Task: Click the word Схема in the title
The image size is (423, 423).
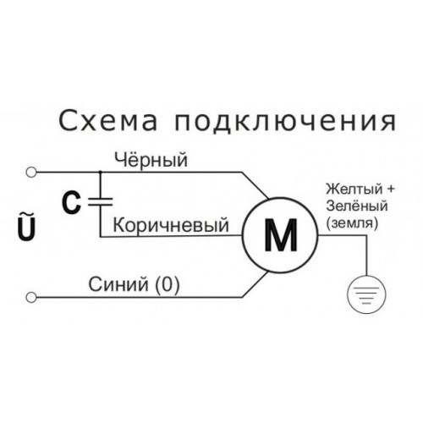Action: click(x=108, y=122)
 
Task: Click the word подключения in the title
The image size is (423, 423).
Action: click(x=285, y=123)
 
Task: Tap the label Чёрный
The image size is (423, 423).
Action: click(x=151, y=160)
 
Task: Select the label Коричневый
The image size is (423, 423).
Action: click(x=171, y=225)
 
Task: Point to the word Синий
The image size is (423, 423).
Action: click(x=118, y=284)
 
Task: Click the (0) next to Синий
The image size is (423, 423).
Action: click(x=168, y=285)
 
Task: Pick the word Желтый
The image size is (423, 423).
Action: click(x=354, y=190)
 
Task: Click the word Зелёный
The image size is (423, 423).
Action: click(x=357, y=206)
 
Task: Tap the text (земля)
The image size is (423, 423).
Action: click(x=352, y=223)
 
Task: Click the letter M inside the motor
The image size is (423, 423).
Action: click(x=281, y=235)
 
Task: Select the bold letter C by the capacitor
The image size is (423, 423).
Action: click(x=71, y=203)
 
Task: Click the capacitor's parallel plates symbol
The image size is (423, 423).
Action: click(x=101, y=201)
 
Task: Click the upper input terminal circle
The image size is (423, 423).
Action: click(x=31, y=172)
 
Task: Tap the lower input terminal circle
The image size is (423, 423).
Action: click(x=31, y=297)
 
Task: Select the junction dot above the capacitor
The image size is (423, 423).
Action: click(x=101, y=172)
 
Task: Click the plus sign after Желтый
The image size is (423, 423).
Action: click(x=390, y=190)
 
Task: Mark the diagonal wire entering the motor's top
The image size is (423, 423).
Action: click(x=255, y=185)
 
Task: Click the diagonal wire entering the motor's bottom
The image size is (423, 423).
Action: click(x=255, y=284)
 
